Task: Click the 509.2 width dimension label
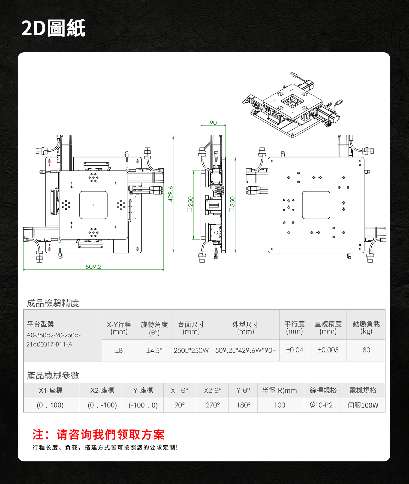(93, 267)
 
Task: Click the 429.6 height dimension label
(170, 194)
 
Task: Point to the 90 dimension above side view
(213, 123)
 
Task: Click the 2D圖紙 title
(53, 28)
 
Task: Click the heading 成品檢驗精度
(53, 303)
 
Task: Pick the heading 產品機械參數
(53, 375)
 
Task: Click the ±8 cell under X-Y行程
(119, 350)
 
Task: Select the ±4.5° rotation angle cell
(154, 350)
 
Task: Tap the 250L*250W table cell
(191, 350)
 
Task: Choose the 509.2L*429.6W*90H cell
(246, 350)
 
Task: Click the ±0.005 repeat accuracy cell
(328, 350)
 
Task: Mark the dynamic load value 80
(366, 350)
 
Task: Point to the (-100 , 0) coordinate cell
(143, 405)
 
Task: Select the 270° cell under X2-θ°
(213, 405)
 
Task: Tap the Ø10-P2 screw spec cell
(321, 405)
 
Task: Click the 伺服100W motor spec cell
(363, 405)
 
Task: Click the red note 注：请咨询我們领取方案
(98, 434)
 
